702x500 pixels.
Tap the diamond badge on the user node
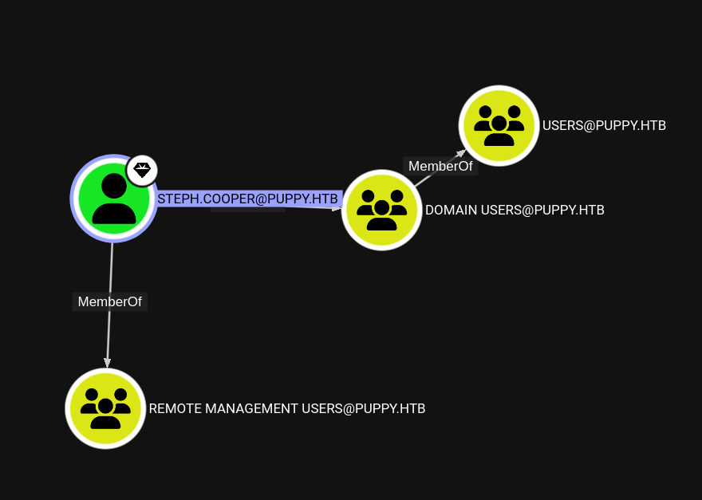pos(142,171)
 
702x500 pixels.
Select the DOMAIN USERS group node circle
pos(381,210)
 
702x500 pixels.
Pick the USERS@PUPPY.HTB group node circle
pos(499,125)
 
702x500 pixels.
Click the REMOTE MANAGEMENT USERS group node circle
pos(105,408)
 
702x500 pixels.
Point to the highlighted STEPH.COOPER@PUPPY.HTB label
pos(249,199)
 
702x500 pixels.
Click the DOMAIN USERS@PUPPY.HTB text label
pos(515,210)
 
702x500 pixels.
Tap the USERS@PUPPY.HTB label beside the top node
pos(604,125)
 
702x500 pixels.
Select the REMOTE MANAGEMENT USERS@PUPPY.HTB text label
pos(287,408)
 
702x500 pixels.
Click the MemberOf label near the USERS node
pos(440,166)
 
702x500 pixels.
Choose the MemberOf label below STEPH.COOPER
pos(111,301)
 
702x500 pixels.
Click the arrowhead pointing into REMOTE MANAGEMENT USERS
pos(107,362)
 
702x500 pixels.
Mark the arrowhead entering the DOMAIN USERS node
pos(338,209)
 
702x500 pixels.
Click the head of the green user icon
pos(113,186)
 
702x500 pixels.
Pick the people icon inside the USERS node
pos(499,126)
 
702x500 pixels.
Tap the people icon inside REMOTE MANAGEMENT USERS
pos(105,409)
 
